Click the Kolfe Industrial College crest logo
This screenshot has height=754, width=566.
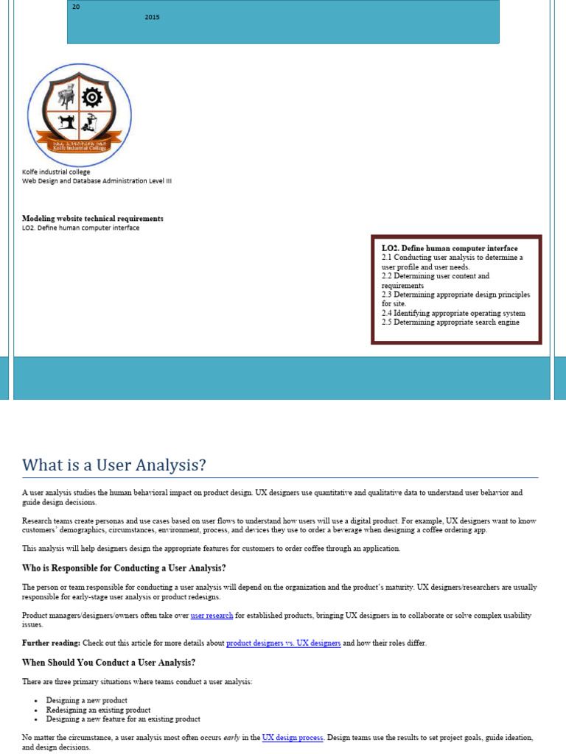click(x=80, y=115)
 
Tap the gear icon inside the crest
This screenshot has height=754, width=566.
click(x=92, y=97)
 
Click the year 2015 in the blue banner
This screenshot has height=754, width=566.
click(x=152, y=17)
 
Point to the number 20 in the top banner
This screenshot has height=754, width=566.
click(x=75, y=7)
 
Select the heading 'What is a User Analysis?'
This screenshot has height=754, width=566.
click(x=114, y=465)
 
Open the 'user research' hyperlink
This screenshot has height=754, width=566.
click(x=212, y=615)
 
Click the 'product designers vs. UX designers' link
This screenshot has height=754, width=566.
click(x=283, y=643)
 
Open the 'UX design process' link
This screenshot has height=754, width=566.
click(x=293, y=737)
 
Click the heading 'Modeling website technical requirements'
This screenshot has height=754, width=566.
click(x=93, y=219)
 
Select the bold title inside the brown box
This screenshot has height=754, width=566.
click(x=450, y=249)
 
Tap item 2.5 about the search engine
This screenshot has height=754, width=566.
click(x=450, y=322)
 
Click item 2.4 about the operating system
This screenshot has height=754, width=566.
click(x=453, y=313)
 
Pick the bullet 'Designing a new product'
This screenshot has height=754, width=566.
click(x=86, y=700)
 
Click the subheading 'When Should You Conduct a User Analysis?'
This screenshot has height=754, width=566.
click(x=108, y=663)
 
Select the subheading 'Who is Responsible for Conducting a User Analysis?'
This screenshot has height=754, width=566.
click(x=124, y=568)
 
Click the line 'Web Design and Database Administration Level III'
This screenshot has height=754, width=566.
click(x=97, y=180)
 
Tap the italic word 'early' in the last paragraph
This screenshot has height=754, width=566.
click(x=233, y=737)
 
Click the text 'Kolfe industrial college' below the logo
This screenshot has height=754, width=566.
click(x=56, y=172)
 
